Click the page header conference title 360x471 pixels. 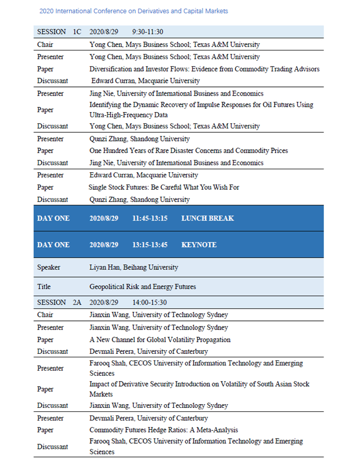click(x=133, y=11)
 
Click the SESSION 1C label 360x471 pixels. click(x=59, y=32)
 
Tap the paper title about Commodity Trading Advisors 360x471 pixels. click(x=204, y=69)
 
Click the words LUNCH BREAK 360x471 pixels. click(x=207, y=218)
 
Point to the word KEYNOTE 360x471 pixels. click(x=199, y=245)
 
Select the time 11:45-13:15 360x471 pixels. click(x=150, y=218)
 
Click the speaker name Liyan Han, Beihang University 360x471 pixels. click(x=134, y=267)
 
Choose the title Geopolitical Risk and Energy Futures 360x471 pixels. click(x=142, y=286)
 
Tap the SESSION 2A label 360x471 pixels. click(x=59, y=302)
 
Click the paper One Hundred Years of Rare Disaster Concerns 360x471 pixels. click(x=188, y=151)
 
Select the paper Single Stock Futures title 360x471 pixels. click(x=164, y=187)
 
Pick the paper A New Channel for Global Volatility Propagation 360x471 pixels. click(x=160, y=339)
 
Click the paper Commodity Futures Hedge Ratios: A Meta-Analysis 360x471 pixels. click(x=164, y=430)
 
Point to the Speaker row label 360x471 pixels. click(x=48, y=267)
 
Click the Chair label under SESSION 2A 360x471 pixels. click(x=45, y=315)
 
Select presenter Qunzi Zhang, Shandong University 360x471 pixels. click(x=139, y=139)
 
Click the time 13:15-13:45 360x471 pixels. click(x=150, y=245)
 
